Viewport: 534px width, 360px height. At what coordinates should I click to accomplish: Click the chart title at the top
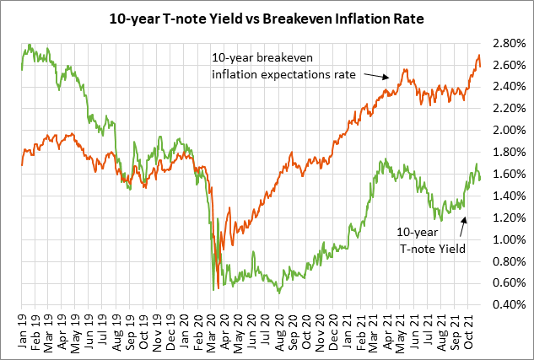coord(267,16)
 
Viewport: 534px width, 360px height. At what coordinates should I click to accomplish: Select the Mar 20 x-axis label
coord(212,331)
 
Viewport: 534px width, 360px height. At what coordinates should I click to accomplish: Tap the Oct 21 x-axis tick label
coord(469,331)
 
